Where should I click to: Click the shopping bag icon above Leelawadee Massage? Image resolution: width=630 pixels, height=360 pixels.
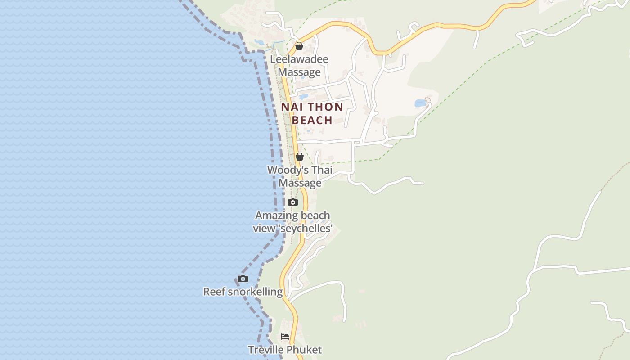[299, 46]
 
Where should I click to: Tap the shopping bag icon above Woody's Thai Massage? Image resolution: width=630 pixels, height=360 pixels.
[300, 157]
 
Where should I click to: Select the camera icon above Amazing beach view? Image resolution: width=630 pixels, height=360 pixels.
[293, 202]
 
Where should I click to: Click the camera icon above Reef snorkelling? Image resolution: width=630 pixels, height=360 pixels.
[243, 279]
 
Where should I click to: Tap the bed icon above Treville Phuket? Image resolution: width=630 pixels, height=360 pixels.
[285, 336]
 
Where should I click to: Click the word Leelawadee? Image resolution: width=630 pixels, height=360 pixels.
[299, 59]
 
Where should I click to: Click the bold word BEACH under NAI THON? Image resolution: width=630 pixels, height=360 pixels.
[312, 121]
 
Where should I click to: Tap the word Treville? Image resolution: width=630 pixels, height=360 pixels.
[267, 350]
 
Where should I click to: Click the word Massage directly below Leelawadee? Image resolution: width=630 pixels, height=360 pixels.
[299, 72]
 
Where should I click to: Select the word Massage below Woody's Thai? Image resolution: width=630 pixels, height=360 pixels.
[300, 183]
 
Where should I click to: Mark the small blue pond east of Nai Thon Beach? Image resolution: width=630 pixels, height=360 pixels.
[420, 103]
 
